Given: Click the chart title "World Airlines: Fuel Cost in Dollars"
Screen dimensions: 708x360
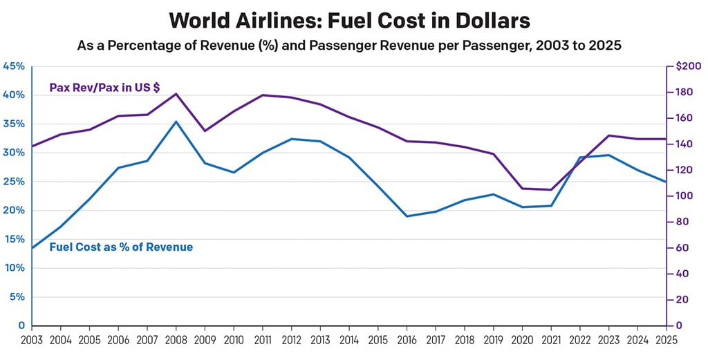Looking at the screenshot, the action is tap(349, 21).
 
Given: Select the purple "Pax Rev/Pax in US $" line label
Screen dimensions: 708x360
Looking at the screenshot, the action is tap(105, 88).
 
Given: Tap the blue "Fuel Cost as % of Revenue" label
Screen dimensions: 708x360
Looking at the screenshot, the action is tap(121, 247).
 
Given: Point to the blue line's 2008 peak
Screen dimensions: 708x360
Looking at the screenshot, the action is tap(176, 122).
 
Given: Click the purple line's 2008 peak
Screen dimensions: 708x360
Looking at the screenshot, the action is tap(176, 94).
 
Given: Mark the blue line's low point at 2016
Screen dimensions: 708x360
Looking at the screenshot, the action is tap(407, 216).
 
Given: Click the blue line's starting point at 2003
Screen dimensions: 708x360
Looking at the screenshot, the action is tap(32, 247).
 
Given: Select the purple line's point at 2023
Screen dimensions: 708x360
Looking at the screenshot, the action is tap(608, 135).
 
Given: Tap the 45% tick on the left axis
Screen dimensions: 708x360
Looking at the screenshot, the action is tap(13, 66).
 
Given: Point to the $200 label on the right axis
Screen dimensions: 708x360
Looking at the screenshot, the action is tap(689, 66).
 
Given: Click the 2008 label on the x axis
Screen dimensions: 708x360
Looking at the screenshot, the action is tap(176, 340).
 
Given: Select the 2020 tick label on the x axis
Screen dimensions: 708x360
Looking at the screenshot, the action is tap(521, 340).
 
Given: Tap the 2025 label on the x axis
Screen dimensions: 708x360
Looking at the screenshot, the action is tap(667, 340).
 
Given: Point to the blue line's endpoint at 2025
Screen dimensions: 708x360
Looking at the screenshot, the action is tap(666, 182).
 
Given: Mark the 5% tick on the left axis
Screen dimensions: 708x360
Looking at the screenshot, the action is tap(17, 297).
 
